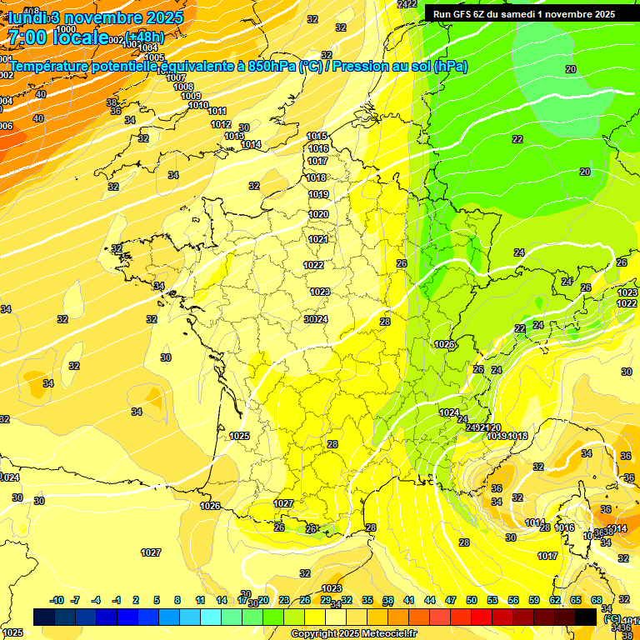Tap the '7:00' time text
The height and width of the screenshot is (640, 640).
(x=27, y=37)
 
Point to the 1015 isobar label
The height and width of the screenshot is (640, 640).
(x=317, y=136)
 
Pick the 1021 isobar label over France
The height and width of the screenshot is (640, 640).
(x=317, y=239)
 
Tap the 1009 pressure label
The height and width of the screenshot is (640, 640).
(x=191, y=96)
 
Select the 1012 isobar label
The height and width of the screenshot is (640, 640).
(x=221, y=124)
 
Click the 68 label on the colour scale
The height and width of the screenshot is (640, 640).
(x=597, y=600)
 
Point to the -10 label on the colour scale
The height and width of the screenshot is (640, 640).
(x=57, y=600)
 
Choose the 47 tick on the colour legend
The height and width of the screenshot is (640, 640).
(x=451, y=600)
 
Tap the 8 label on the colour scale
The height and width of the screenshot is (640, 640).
(x=177, y=600)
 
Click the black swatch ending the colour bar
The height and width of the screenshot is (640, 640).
(x=586, y=617)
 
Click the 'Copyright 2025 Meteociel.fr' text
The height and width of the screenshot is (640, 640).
(x=353, y=633)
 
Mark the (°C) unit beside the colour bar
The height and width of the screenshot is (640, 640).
(x=612, y=619)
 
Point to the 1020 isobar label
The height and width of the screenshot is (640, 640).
(x=318, y=214)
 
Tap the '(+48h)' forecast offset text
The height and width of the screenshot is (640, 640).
(x=146, y=37)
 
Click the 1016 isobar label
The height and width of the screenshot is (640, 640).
(x=318, y=148)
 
